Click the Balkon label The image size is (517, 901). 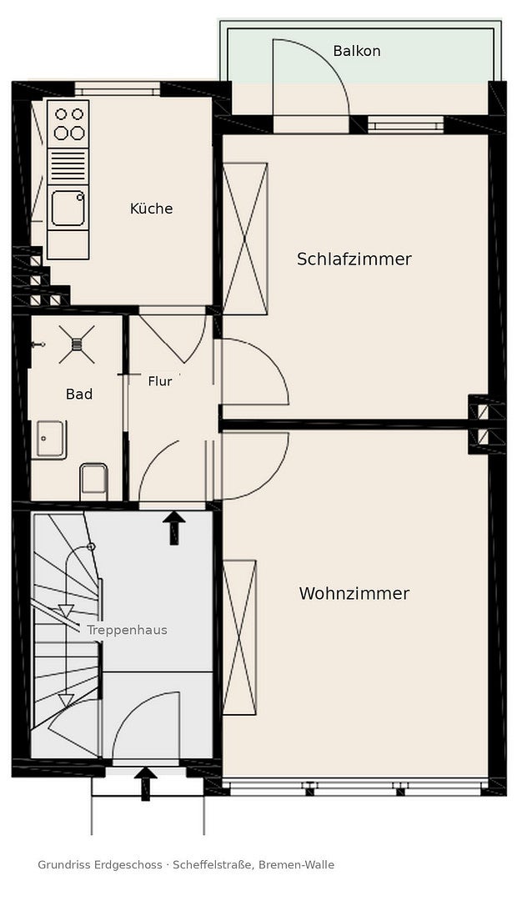pyautogui.click(x=356, y=51)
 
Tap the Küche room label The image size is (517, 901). pyautogui.click(x=151, y=208)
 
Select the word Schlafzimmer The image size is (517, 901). pyautogui.click(x=354, y=259)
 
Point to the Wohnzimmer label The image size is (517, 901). pyautogui.click(x=354, y=594)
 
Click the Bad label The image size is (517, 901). pyautogui.click(x=79, y=394)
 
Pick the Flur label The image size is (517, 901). pyautogui.click(x=160, y=381)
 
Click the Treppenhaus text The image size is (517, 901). pyautogui.click(x=127, y=631)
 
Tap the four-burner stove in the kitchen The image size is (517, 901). pyautogui.click(x=68, y=123)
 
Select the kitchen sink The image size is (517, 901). pyautogui.click(x=68, y=208)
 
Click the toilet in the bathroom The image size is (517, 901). pyautogui.click(x=93, y=481)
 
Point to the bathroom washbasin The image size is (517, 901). pyautogui.click(x=49, y=440)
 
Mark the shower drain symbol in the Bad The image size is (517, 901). pyautogui.click(x=77, y=345)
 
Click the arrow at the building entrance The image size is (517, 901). pyautogui.click(x=145, y=783)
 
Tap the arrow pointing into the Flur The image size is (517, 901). pyautogui.click(x=174, y=528)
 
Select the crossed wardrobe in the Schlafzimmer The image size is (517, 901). pyautogui.click(x=245, y=239)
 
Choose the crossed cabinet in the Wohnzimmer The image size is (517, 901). pyautogui.click(x=239, y=638)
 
